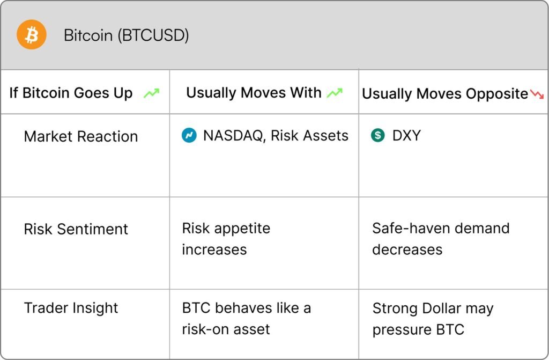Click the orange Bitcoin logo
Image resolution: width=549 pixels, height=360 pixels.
point(32,34)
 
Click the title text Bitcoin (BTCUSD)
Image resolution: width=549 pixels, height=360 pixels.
point(127,35)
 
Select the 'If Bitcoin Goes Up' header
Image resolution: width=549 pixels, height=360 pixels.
point(71,93)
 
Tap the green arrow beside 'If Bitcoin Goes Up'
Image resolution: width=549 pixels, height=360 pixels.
point(152,93)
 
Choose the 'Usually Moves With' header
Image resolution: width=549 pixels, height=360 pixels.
point(254,92)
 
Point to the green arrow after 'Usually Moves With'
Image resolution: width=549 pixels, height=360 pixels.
point(335,93)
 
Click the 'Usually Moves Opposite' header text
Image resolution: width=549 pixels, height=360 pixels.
point(445,94)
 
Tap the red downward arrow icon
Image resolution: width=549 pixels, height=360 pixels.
point(537,94)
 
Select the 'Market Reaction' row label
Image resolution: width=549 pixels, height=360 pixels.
point(81,136)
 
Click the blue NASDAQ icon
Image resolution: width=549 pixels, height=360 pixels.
point(189,136)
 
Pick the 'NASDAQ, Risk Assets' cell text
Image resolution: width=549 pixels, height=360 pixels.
point(276,136)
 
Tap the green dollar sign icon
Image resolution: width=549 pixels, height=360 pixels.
point(378,135)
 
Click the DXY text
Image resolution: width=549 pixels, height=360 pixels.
point(406,136)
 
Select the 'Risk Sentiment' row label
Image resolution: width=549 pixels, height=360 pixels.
point(76,229)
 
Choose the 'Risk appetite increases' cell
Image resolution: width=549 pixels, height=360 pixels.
point(226,239)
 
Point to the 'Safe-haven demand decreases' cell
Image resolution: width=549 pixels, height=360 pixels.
point(441,239)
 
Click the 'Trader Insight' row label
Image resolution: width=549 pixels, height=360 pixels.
point(71,308)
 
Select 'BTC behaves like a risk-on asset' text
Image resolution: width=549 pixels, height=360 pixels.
point(247,319)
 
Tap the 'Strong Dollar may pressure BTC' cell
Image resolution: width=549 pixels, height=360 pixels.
point(433,319)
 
